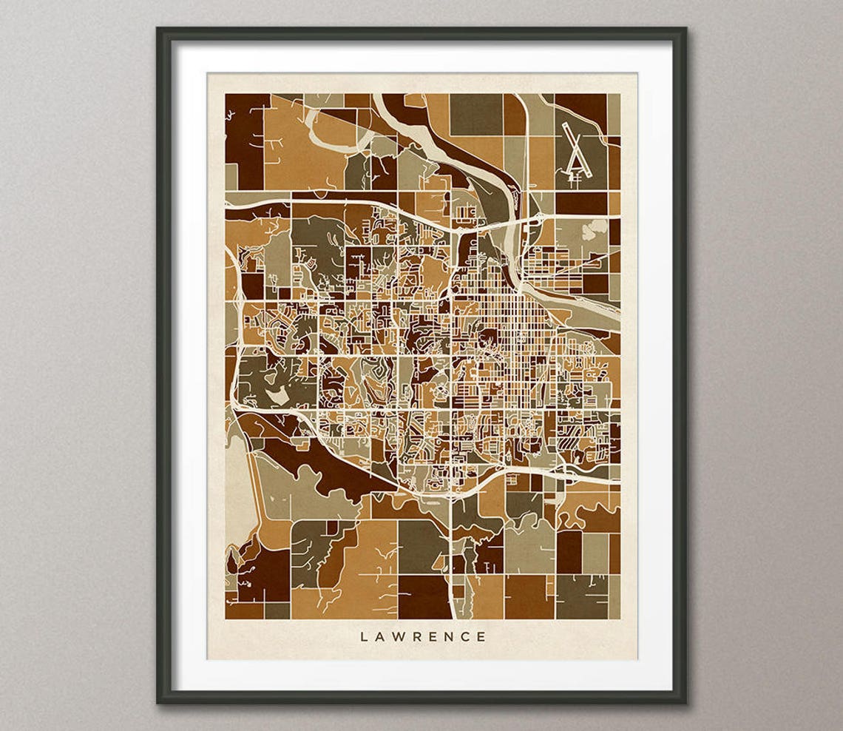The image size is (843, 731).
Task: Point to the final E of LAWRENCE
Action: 482,636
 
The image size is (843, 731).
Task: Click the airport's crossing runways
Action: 575,152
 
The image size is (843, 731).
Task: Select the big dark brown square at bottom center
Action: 424,596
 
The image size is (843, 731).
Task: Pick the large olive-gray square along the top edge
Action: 475,114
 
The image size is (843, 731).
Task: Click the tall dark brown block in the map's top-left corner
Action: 244,141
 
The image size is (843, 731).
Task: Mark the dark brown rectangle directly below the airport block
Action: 580,202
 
